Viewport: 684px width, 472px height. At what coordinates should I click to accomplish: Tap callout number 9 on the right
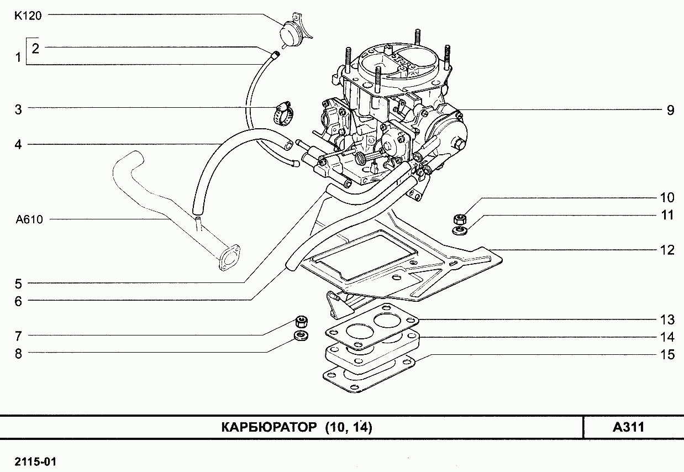[670, 110]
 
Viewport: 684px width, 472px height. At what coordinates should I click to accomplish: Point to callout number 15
[667, 355]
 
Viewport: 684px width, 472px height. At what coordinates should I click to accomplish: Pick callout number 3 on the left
[18, 109]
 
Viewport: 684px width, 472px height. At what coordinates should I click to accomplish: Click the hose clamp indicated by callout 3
[283, 114]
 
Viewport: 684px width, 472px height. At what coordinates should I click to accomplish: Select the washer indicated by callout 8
[301, 336]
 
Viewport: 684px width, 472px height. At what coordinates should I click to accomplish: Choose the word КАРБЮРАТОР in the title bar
[269, 428]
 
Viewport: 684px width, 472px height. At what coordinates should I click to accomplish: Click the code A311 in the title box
[629, 427]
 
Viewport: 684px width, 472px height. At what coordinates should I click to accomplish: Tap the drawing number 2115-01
[36, 461]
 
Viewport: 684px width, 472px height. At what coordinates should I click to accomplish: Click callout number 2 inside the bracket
[35, 48]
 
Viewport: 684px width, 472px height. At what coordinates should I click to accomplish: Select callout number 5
[18, 284]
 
